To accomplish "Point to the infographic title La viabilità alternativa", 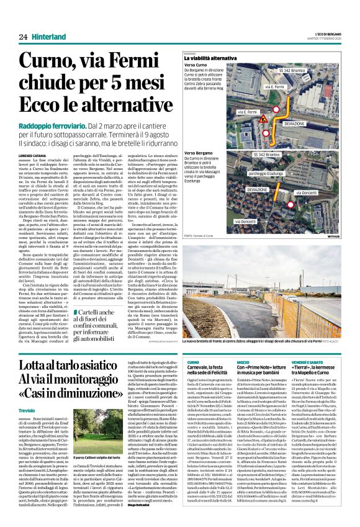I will pos(210,58).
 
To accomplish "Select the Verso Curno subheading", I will pos(196,65).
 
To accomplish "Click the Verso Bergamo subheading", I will pos(199,153).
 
